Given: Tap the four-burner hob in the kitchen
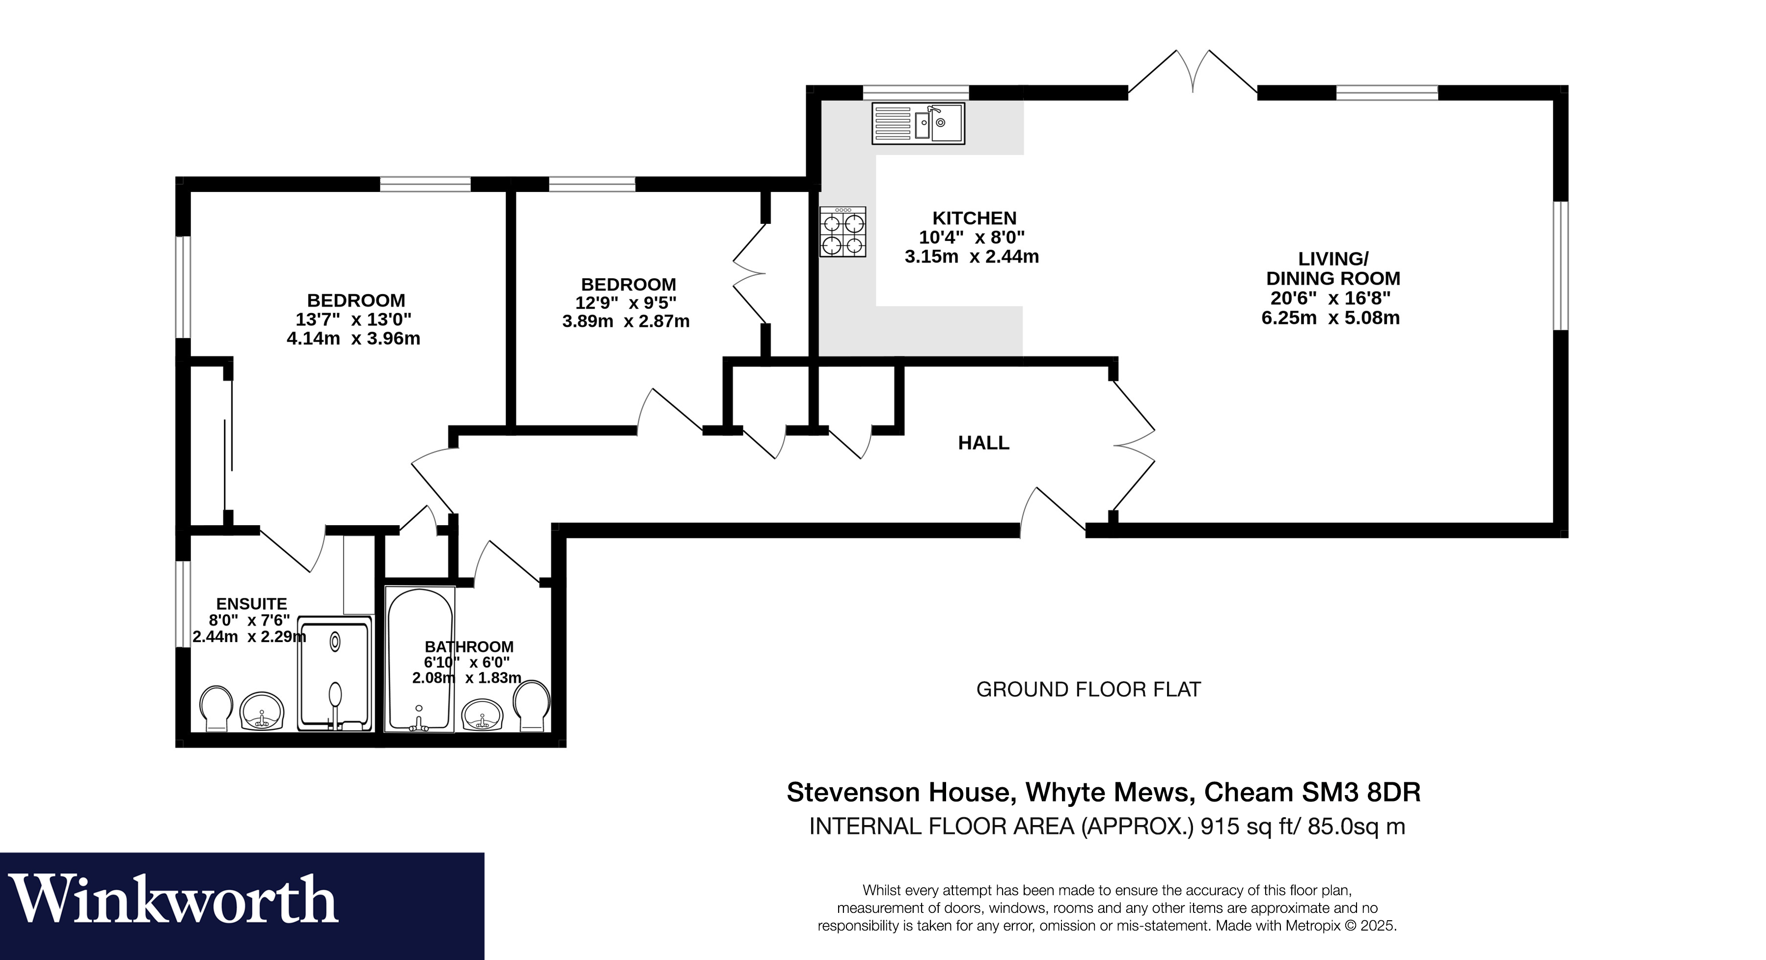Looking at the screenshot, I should tap(842, 232).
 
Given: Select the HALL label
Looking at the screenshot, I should tap(983, 443).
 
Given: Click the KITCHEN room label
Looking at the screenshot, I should tap(974, 218).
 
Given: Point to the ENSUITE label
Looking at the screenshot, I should tap(251, 604).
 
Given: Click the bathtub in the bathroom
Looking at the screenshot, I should tap(420, 658).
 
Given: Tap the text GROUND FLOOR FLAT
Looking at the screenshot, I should tap(1088, 690).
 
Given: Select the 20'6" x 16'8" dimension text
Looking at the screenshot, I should tap(1330, 298).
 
